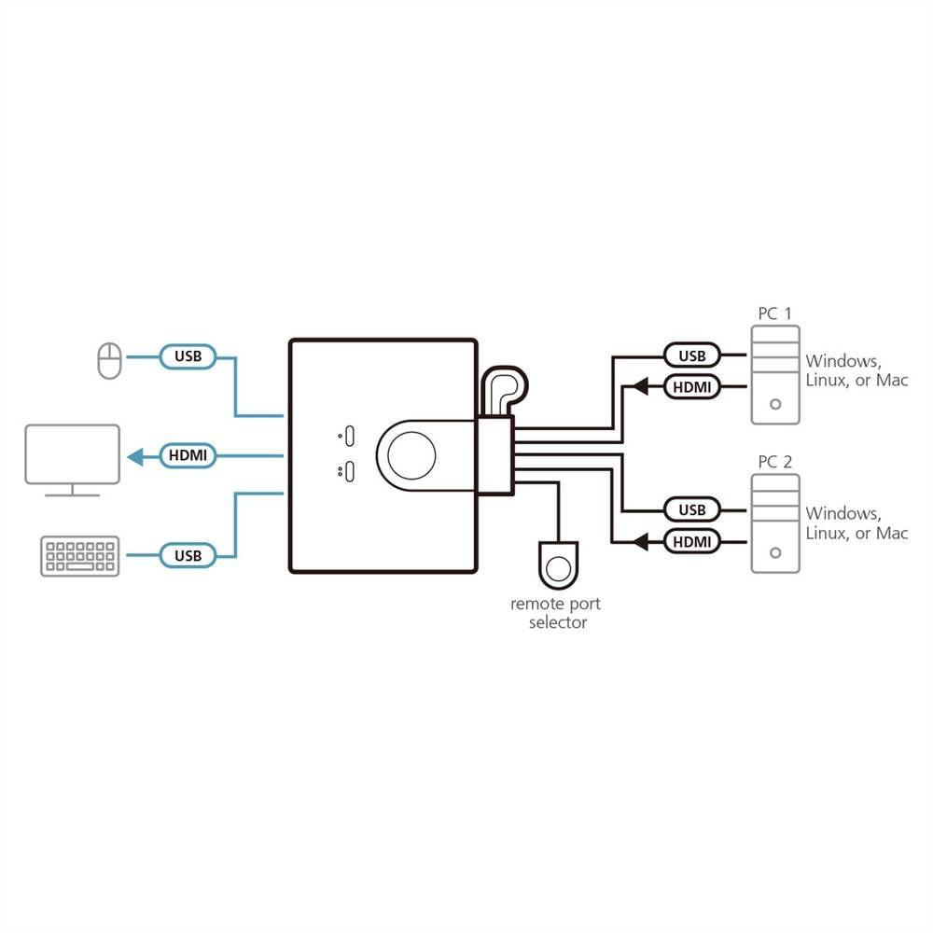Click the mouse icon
coord(110,361)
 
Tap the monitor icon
coord(73,459)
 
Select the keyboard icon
coord(80,556)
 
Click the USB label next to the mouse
coord(188,355)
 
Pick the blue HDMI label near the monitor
coord(188,456)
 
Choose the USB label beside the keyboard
coord(188,555)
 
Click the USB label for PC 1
coord(692,355)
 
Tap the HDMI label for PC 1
coord(692,386)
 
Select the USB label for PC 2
coord(692,509)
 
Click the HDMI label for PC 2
coord(692,540)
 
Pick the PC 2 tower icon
coord(775,524)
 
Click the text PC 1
coord(774,313)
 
